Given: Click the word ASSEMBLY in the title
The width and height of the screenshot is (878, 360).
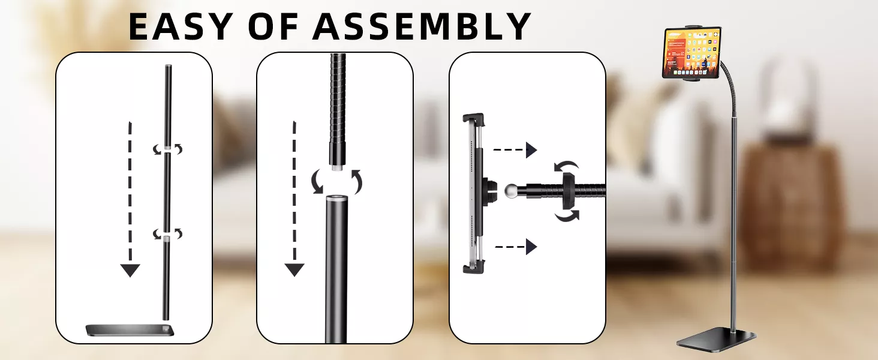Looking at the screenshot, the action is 422,26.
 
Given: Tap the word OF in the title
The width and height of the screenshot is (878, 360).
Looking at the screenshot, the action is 273,26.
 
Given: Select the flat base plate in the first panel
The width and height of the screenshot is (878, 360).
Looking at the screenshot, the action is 130,330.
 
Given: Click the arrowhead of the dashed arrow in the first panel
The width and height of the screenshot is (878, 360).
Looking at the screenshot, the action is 130,271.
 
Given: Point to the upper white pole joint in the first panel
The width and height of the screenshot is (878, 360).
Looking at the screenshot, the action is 168,149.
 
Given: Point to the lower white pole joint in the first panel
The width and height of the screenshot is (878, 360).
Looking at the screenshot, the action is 167,238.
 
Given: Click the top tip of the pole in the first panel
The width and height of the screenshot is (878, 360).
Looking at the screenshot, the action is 169,65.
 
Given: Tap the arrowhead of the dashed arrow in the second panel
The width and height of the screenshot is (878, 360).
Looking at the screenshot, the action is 294,270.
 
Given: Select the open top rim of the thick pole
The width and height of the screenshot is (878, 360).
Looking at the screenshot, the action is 336,197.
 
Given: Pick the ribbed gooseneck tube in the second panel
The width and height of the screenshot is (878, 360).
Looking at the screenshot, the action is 338,110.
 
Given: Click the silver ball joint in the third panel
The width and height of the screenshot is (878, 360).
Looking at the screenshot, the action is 511,191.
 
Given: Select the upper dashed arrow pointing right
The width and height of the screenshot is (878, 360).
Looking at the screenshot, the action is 515,150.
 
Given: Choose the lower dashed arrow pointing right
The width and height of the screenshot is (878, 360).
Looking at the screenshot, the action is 516,247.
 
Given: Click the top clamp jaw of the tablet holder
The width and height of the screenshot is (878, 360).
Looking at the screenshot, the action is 474,119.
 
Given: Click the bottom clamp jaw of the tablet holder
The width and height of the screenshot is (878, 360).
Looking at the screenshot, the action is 474,268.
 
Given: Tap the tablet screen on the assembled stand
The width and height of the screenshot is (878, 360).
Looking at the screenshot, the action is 692,53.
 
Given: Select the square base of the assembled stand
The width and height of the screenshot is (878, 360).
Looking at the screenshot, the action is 716,339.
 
